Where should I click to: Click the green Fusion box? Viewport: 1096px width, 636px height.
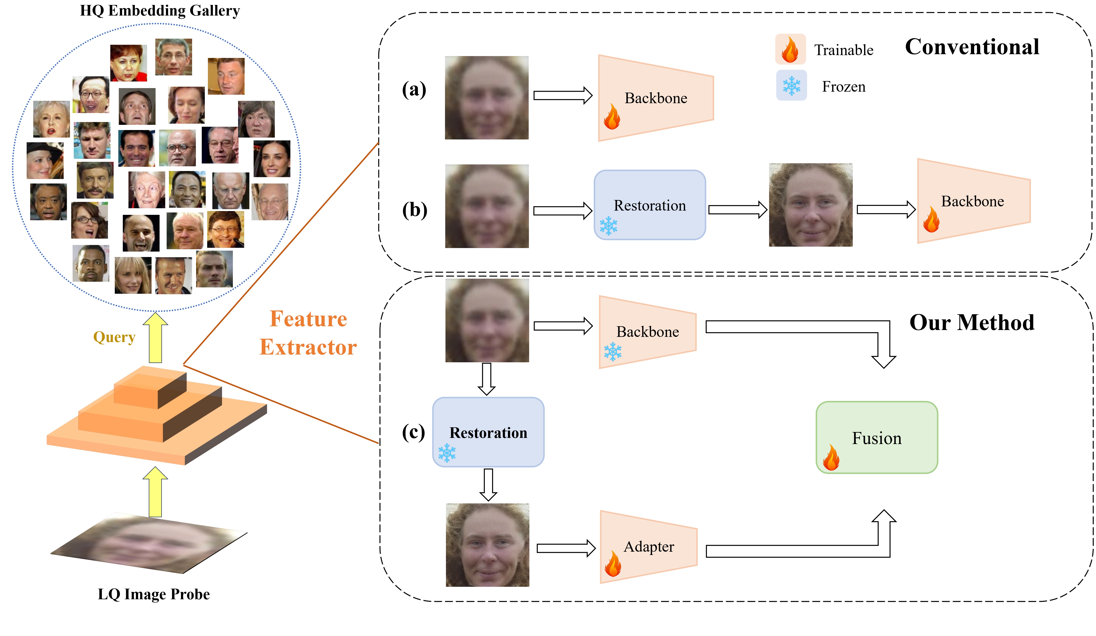pos(876,437)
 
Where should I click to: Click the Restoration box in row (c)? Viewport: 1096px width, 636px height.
pos(488,432)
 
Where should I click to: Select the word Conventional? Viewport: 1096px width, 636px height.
pos(972,47)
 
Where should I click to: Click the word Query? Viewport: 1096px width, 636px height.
pos(114,337)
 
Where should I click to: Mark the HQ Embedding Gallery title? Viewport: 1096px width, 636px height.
pos(160,10)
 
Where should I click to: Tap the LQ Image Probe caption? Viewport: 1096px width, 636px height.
pos(153,594)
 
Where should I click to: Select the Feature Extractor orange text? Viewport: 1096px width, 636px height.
pos(308,333)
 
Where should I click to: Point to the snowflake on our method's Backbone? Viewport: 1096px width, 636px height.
pos(612,352)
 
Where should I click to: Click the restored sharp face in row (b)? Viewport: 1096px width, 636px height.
pos(810,205)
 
